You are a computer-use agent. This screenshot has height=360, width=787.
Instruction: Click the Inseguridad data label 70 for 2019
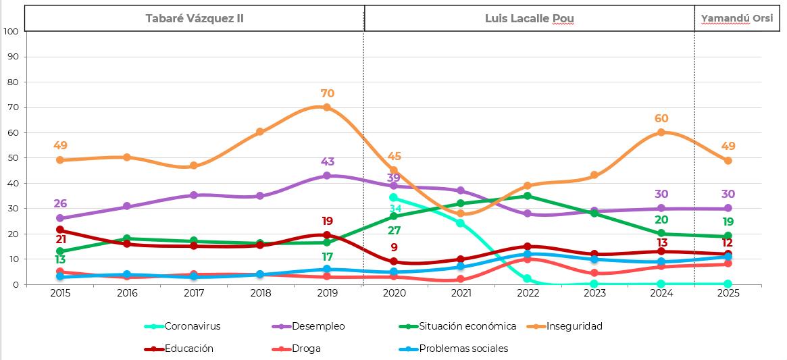point(328,94)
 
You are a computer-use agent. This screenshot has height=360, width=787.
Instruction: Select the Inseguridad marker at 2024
point(662,132)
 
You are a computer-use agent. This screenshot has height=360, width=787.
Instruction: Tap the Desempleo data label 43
point(328,162)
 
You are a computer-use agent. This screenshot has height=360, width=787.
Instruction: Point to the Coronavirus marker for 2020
point(394,197)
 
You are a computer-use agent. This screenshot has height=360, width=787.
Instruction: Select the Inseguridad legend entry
point(574,326)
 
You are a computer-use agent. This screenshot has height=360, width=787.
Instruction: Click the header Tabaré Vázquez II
point(195,18)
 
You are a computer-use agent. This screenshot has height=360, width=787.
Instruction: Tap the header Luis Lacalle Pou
point(529,18)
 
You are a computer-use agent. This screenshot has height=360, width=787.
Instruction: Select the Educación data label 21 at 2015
point(60,240)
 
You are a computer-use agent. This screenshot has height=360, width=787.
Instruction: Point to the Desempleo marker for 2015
point(60,218)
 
